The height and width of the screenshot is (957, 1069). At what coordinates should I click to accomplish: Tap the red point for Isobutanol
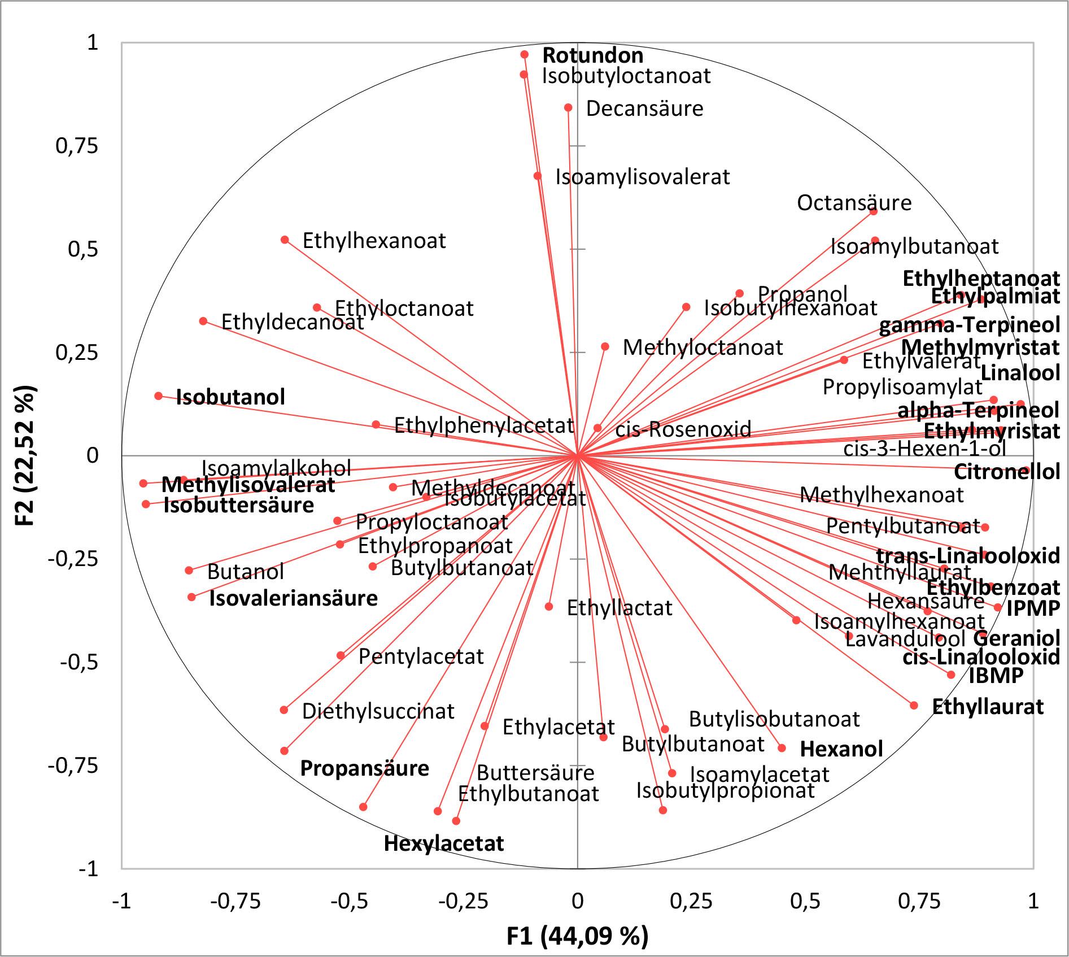coord(159,396)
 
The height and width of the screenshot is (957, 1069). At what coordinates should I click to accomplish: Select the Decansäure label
coord(644,108)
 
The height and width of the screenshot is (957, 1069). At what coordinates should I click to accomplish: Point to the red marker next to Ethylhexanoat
coord(285,240)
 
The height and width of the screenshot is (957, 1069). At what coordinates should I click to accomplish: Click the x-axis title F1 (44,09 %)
coord(577,936)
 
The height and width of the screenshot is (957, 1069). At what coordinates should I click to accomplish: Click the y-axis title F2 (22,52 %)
coord(25,455)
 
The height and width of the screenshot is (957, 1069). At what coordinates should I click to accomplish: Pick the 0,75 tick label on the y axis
coord(76,146)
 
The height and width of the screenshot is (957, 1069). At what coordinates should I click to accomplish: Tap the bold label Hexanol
coord(841,749)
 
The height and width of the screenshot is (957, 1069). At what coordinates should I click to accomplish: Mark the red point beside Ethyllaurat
coord(914,706)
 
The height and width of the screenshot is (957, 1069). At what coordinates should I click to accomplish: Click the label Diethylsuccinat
coord(378,711)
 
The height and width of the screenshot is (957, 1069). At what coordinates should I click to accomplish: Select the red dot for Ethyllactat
coord(549,607)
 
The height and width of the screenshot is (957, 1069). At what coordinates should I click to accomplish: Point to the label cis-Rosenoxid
coord(683,429)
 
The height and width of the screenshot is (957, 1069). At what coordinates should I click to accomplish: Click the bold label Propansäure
coord(364,768)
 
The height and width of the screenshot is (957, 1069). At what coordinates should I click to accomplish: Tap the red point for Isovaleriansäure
coord(192,597)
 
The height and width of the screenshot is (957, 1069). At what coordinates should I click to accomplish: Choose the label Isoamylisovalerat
coord(643,177)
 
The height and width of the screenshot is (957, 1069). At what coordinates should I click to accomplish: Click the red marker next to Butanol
coord(189,571)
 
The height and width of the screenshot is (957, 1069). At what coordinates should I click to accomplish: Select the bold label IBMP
coord(996,676)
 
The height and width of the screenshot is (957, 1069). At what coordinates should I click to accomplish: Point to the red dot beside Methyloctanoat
coord(605,347)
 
